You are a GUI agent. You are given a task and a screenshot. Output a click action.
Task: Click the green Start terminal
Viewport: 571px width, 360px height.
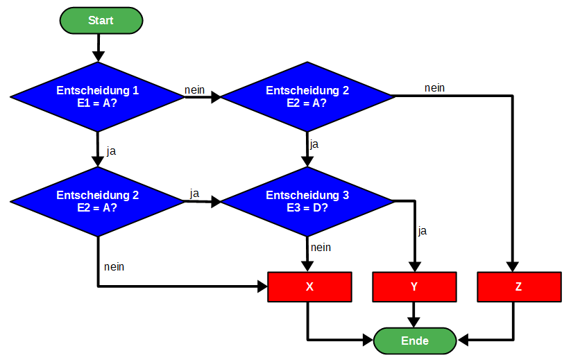click(x=101, y=20)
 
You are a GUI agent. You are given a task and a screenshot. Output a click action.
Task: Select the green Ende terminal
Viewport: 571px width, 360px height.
click(x=415, y=341)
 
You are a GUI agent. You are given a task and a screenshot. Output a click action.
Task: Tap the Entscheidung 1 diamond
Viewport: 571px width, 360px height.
click(x=98, y=96)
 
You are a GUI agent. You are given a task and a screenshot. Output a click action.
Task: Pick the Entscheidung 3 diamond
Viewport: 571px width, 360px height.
click(x=307, y=201)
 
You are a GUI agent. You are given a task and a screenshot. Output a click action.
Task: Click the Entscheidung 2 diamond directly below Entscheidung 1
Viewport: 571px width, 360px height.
click(x=98, y=201)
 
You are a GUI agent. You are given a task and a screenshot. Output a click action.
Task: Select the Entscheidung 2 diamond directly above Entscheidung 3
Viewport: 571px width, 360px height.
click(x=307, y=96)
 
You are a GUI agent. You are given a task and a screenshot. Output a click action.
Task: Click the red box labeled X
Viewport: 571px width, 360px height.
click(x=309, y=287)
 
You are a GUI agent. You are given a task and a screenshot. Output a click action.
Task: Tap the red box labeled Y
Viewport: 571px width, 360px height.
click(x=414, y=287)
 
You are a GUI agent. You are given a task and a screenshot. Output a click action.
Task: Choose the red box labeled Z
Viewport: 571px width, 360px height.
click(x=519, y=287)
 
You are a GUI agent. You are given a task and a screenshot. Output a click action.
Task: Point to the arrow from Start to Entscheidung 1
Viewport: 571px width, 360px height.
click(x=98, y=47)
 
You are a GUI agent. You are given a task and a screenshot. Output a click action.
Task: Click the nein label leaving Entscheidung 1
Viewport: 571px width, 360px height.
click(x=194, y=89)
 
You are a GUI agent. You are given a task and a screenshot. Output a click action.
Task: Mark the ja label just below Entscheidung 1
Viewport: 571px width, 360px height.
click(x=111, y=151)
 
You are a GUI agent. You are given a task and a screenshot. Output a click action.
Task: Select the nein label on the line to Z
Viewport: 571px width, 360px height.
click(x=435, y=87)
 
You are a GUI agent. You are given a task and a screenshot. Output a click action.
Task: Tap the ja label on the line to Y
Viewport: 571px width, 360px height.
click(x=422, y=231)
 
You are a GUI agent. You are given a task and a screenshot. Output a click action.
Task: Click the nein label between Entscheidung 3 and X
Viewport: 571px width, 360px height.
click(x=321, y=247)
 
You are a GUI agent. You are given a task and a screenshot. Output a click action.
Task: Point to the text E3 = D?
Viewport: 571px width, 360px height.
click(x=307, y=207)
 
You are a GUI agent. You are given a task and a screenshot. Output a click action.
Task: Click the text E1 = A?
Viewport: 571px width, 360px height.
click(x=98, y=103)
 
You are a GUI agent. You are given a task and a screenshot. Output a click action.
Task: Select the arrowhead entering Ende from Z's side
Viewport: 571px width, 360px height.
click(x=463, y=341)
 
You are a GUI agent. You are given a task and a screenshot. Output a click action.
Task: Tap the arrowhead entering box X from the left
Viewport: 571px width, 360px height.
click(x=262, y=286)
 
